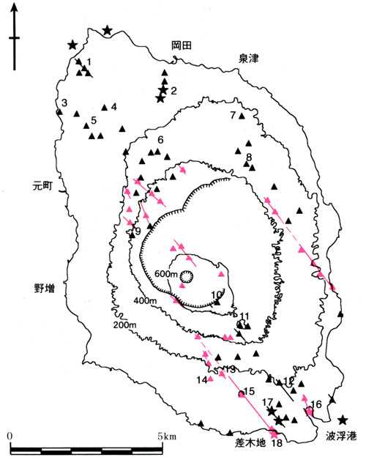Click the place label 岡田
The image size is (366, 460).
click(x=181, y=45)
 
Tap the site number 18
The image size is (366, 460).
click(x=276, y=443)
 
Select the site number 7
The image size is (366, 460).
click(x=233, y=115)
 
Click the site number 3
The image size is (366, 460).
click(x=64, y=103)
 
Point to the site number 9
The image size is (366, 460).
click(x=136, y=231)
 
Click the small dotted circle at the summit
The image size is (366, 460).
click(x=186, y=276)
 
